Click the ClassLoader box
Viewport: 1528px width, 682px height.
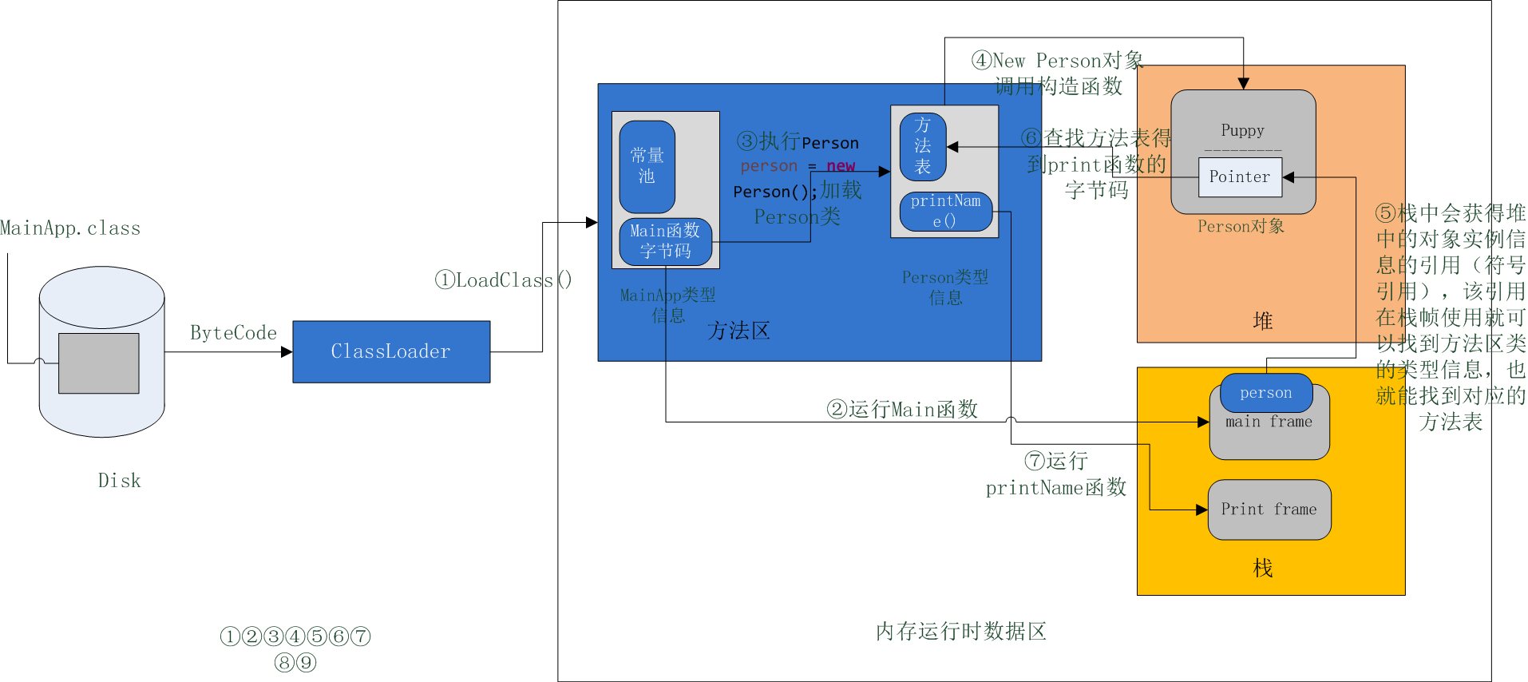391,351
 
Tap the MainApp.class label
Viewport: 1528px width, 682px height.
70,228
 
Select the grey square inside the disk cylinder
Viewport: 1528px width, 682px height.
99,363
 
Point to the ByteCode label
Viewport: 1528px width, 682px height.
233,333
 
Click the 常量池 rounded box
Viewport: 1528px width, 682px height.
647,166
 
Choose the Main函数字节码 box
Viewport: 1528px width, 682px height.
665,241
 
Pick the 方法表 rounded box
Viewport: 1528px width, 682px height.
923,146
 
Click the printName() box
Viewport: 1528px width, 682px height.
945,211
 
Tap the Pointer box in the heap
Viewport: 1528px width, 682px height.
1240,177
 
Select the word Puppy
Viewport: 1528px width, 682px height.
1242,130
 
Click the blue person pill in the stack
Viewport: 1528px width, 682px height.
1266,393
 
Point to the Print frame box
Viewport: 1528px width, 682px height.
1269,510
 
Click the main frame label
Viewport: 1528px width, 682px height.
1269,422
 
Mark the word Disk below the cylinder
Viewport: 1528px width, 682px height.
119,481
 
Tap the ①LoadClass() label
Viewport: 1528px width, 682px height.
504,280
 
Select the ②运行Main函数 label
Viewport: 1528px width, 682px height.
902,410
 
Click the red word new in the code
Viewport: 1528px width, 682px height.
841,166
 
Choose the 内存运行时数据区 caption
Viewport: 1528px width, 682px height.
960,632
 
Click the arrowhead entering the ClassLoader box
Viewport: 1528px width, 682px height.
287,351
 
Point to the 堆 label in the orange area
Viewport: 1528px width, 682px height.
1263,321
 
